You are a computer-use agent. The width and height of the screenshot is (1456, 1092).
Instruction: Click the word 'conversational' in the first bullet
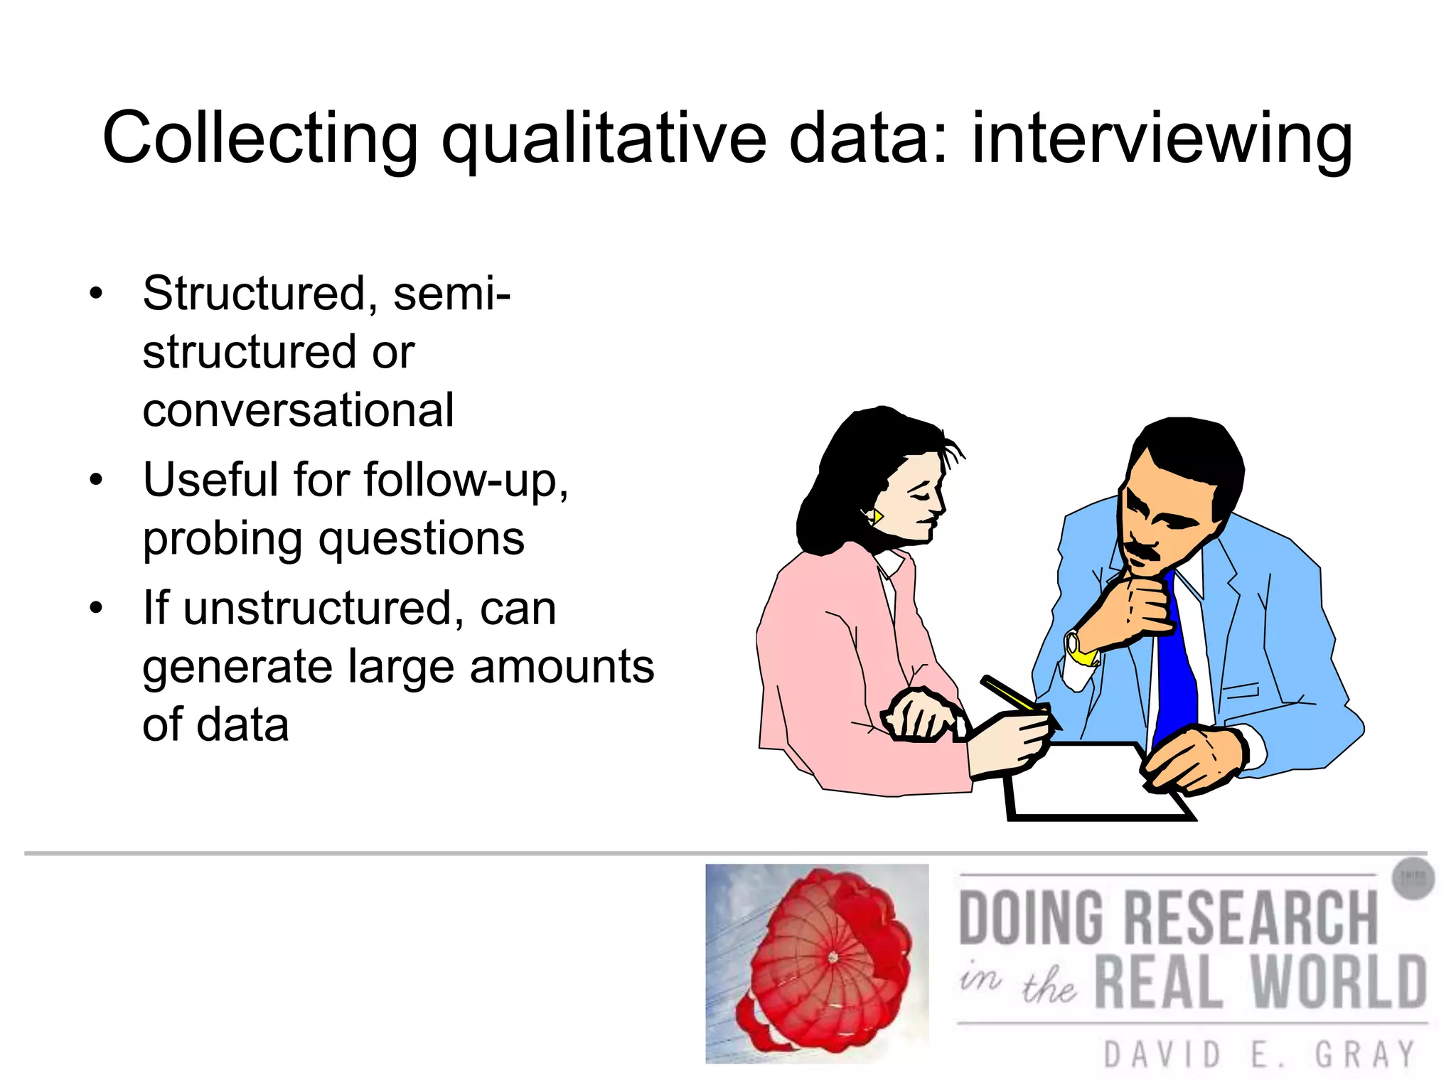298,410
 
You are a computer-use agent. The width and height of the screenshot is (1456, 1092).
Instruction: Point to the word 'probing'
223,540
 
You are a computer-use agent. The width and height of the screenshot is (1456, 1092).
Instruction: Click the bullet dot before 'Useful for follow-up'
96,480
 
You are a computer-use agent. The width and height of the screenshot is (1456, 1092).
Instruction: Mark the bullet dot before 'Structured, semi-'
96,293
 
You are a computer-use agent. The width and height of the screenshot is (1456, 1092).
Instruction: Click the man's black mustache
1141,550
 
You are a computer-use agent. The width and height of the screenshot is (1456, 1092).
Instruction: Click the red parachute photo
817,963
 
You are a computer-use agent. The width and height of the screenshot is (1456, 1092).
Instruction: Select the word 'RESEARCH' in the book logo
1251,918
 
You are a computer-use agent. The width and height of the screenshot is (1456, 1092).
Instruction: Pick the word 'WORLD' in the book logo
1337,982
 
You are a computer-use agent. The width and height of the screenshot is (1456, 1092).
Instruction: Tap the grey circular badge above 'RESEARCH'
1412,879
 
